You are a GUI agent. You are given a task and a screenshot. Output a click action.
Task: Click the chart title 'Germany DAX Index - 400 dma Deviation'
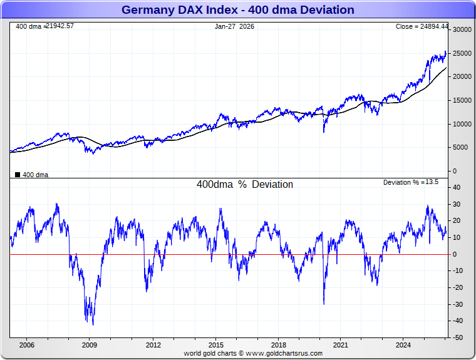(x=237, y=10)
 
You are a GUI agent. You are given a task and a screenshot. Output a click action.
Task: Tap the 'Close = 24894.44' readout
(x=422, y=26)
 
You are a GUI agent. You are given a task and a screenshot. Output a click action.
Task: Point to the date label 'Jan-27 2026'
(x=235, y=26)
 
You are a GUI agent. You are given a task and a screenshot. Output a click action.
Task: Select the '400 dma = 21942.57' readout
(x=44, y=26)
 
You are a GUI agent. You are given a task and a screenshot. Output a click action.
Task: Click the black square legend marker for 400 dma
(x=18, y=175)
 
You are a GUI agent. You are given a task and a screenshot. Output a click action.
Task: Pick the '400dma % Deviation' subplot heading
(x=245, y=185)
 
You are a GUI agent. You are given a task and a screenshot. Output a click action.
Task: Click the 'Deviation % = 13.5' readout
(x=410, y=182)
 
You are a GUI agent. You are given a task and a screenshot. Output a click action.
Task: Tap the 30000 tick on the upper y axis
(x=462, y=29)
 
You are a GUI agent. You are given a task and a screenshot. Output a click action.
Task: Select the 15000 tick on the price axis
(x=462, y=100)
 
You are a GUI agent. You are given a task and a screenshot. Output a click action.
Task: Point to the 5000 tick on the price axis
(x=462, y=148)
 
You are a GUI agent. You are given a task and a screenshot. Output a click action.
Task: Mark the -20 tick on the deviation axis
(x=458, y=287)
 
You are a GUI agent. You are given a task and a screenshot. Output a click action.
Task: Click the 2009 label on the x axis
(x=90, y=345)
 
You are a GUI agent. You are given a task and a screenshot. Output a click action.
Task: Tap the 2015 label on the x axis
(x=215, y=345)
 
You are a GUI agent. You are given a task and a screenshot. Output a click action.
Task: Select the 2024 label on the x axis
(x=403, y=345)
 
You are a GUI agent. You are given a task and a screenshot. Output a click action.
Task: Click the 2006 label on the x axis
(x=26, y=345)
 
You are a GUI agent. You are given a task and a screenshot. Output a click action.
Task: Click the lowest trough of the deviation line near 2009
(x=93, y=324)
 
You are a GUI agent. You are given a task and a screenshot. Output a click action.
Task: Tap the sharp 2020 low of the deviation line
(x=324, y=304)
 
